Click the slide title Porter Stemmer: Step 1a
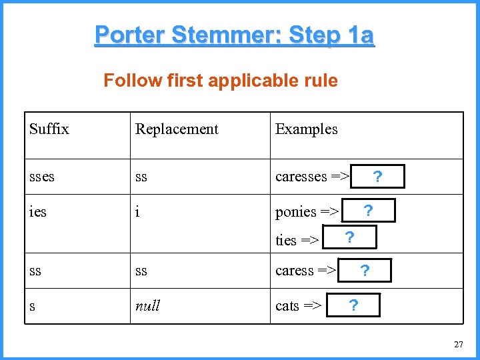pos(234,35)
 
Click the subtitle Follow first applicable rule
pos(220,81)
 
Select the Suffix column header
pos(49,129)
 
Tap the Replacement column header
pos(177,129)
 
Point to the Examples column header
pos(306,129)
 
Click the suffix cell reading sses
pos(41,177)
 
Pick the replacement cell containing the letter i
pos(137,212)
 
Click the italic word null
pos(147,306)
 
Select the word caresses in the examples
pos(301,177)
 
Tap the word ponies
pos(296,212)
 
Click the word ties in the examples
pos(286,240)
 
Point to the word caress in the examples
pos(294,271)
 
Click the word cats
pos(287,306)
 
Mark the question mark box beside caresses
pos(378,177)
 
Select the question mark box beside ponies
pos(367,211)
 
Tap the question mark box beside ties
pos(349,237)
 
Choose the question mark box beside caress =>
pos(364,271)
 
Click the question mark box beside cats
pos(353,305)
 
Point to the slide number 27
pos(458,345)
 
